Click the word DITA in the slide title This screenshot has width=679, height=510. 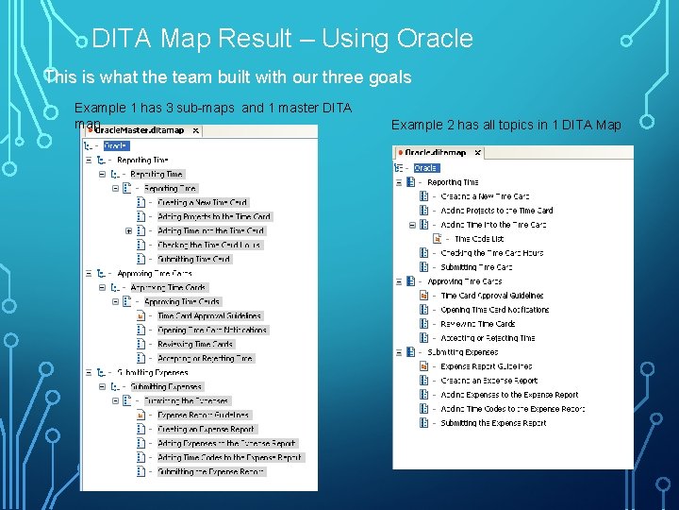[124, 39]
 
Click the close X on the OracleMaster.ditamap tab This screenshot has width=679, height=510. [195, 130]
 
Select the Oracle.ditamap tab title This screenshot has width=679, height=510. [436, 152]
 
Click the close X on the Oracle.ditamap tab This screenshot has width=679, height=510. [476, 152]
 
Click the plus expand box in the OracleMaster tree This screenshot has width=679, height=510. [128, 230]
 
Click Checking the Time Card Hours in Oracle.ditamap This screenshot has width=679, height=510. [491, 253]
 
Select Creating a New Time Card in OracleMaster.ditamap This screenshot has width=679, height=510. [202, 202]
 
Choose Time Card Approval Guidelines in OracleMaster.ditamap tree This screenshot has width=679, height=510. [209, 315]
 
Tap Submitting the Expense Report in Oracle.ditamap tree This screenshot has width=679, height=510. [493, 423]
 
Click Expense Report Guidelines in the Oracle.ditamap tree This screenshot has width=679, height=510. [486, 366]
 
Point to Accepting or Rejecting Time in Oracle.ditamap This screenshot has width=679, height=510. [488, 338]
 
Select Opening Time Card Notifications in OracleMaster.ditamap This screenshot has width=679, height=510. [212, 330]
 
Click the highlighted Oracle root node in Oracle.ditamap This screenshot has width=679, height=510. [425, 168]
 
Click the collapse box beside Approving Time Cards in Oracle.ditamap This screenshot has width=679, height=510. [399, 281]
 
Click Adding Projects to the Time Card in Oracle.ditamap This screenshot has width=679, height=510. [496, 211]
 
